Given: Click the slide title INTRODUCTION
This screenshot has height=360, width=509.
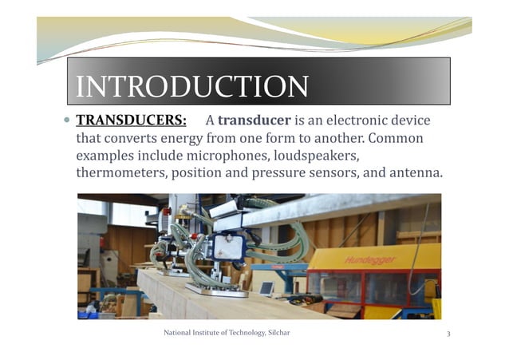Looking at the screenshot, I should [191, 86].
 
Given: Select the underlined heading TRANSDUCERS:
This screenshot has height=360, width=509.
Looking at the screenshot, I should [131, 121].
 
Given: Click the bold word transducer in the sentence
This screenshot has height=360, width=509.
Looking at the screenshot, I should [254, 121].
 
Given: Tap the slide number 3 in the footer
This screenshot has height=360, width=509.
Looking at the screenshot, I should [449, 333].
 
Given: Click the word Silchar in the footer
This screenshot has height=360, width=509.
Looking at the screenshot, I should [276, 333].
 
